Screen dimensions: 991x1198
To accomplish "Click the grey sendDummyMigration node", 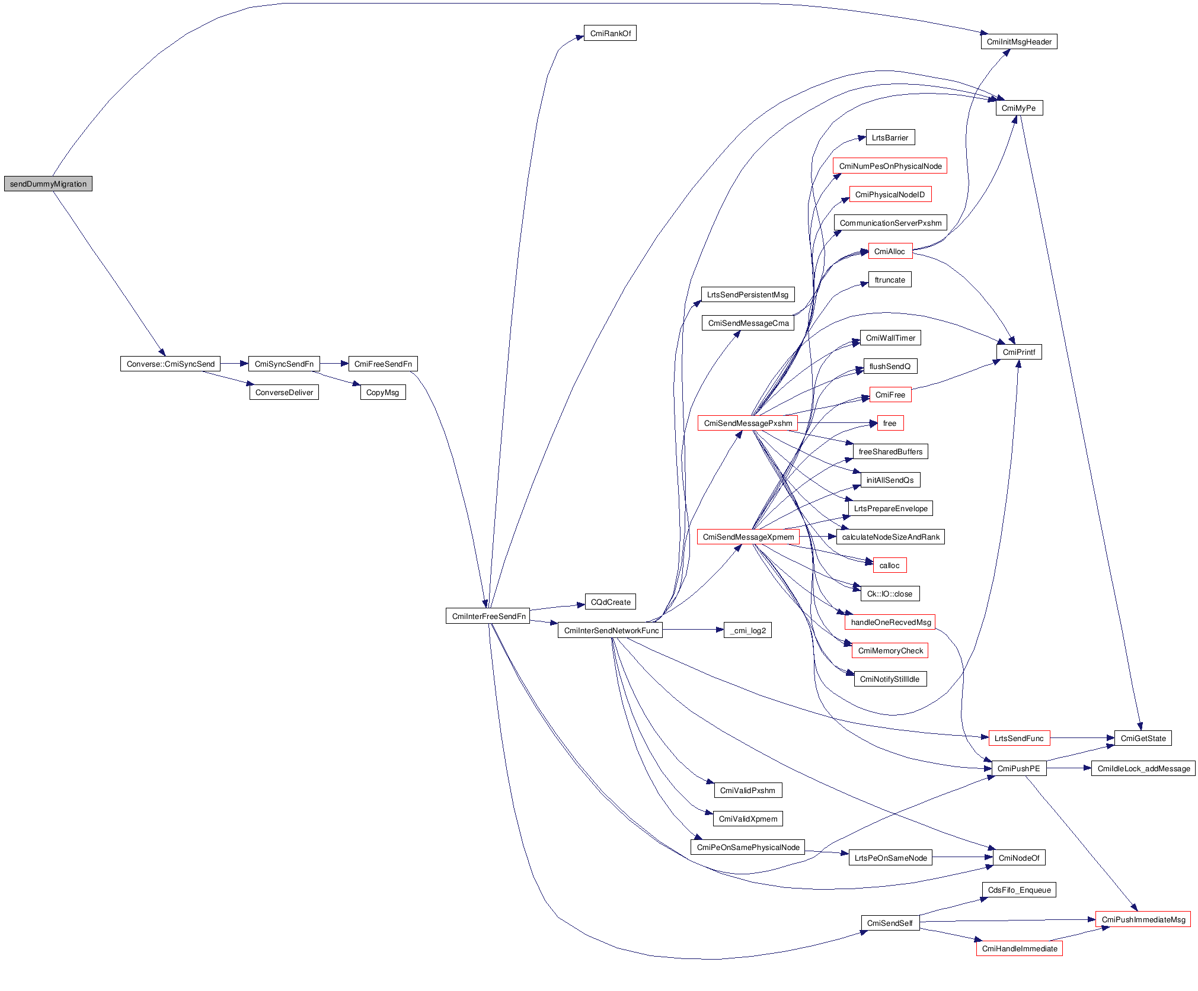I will coord(48,184).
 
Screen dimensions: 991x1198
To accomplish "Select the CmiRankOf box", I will coord(610,33).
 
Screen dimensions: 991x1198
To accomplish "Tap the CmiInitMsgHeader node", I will coord(1018,41).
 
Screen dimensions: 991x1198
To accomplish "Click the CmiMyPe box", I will coord(1018,108).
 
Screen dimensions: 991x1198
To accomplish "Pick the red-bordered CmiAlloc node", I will coord(889,251).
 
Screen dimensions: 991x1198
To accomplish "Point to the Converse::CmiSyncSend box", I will coord(170,364).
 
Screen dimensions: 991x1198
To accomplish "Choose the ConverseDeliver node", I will coord(284,392).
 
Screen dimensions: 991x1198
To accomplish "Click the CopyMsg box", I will coord(382,392).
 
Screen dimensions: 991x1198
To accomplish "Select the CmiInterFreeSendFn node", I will coord(488,616).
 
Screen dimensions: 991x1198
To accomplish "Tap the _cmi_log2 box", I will coord(747,630).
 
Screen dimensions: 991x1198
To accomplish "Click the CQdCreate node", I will coord(610,602).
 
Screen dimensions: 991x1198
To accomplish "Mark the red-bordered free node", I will coord(889,423).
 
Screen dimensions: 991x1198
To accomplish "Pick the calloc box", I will coord(889,565).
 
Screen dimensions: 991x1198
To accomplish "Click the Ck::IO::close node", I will coord(889,594).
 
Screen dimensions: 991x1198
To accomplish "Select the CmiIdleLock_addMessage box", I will coord(1143,768).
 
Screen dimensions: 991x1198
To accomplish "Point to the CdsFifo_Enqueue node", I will coord(1018,890).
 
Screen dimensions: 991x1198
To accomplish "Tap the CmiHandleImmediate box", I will coord(1018,948).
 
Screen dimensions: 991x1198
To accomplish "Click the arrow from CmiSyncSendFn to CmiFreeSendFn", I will coord(334,364).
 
